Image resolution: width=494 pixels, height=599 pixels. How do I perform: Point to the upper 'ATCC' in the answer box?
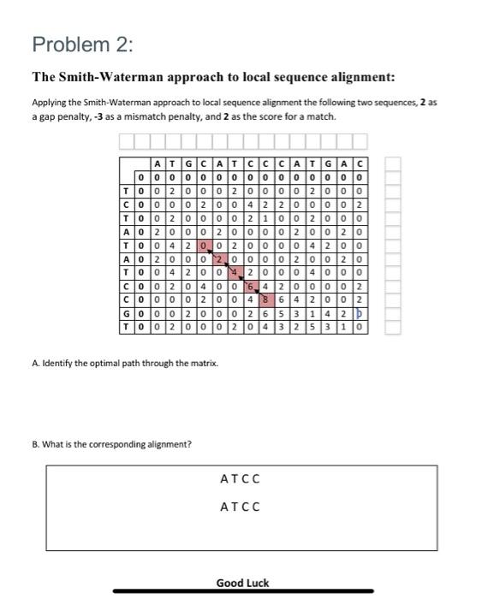coord(240,477)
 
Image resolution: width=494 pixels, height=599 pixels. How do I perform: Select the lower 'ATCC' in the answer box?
coord(240,506)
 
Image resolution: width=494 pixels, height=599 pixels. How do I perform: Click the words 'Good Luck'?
coord(242,583)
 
